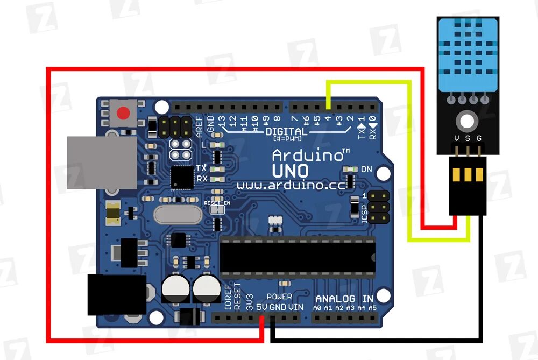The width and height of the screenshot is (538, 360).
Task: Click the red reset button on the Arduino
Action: point(124,114)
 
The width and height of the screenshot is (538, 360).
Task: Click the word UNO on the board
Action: point(290,171)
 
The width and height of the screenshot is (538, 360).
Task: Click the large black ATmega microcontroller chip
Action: point(297,256)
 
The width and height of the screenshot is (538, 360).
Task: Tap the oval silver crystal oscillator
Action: point(178,215)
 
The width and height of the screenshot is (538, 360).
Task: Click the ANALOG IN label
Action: point(344,299)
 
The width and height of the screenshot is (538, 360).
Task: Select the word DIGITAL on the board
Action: point(287,131)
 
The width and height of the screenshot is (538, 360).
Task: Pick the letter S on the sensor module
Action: point(468,139)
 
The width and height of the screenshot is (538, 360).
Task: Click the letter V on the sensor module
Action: point(457,139)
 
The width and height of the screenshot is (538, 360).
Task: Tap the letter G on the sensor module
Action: point(478,139)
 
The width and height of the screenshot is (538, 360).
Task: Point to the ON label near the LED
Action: point(366,169)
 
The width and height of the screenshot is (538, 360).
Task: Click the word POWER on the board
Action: point(279,297)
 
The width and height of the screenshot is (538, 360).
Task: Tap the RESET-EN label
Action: point(217,203)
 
